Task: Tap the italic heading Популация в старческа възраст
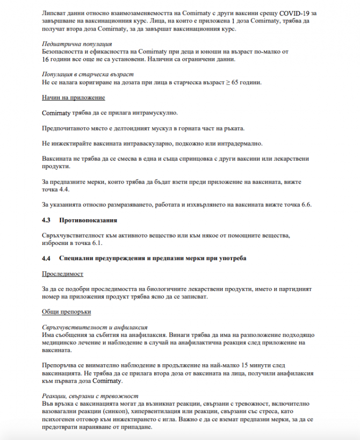pyautogui.click(x=88, y=74)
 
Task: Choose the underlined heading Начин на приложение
pyautogui.click(x=73, y=98)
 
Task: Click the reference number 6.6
pyautogui.click(x=305, y=205)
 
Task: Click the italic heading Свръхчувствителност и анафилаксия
pyautogui.click(x=95, y=327)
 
